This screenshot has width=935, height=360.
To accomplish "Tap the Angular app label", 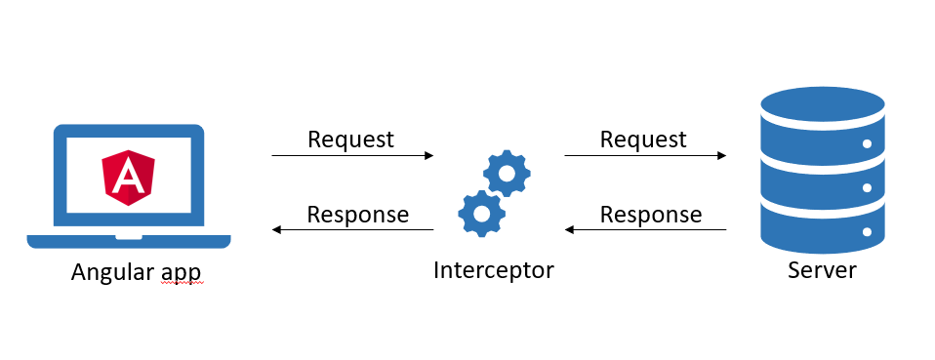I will (x=137, y=273).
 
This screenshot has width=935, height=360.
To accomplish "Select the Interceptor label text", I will (x=493, y=270).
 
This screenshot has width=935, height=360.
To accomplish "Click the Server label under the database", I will (x=821, y=270).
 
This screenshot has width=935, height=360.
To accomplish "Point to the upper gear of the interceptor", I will (x=507, y=175).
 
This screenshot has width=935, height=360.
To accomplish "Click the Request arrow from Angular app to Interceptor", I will (x=352, y=155).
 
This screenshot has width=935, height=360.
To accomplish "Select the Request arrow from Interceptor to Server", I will (x=645, y=155).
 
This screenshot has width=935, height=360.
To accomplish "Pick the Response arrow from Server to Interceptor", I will (x=645, y=230).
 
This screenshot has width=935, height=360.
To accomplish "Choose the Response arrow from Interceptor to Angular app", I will (x=352, y=230).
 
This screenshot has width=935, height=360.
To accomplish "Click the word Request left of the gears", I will (x=350, y=140).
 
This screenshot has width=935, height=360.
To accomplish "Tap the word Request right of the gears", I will (x=643, y=140).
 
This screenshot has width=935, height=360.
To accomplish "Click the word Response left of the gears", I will (x=357, y=215).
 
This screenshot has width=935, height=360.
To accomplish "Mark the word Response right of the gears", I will (x=650, y=215).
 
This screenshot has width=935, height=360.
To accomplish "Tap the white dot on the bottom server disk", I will (x=866, y=233).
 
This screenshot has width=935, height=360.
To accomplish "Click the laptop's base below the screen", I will (x=129, y=240).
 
